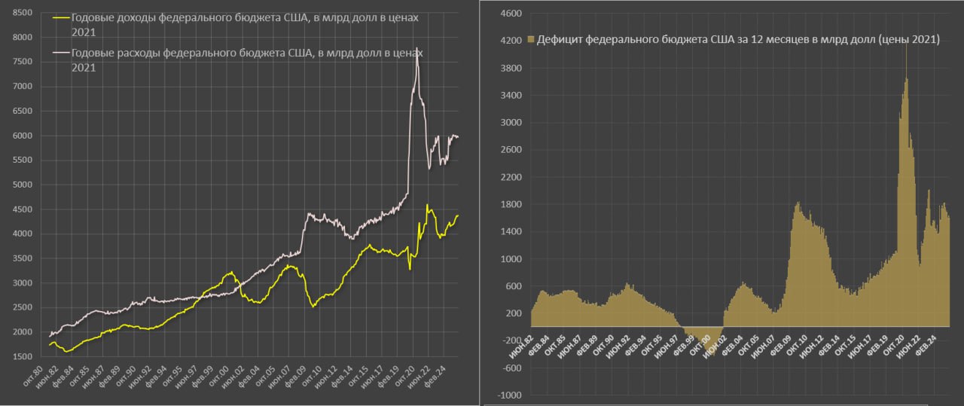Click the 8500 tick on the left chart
23,13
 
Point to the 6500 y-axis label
23,111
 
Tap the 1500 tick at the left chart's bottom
23,356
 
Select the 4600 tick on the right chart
511,14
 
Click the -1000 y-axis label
509,395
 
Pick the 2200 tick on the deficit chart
511,177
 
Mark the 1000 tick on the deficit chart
511,259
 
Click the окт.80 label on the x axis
33,377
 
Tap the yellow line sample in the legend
61,17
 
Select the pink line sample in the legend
61,53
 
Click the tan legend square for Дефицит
531,40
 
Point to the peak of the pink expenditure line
416,47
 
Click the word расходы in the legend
137,53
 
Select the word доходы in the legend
134,17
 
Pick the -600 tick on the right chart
512,368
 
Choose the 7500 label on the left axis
23,62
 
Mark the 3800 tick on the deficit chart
511,68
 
